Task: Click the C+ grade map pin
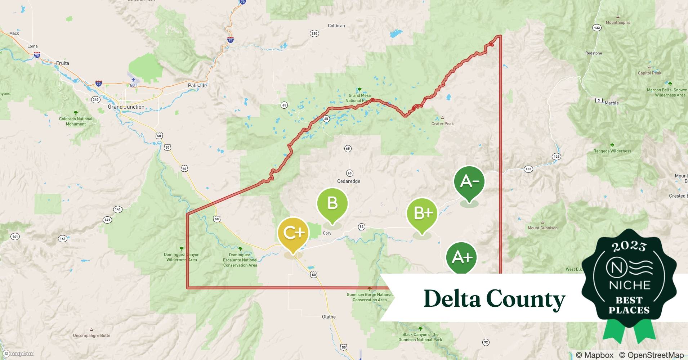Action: point(293,233)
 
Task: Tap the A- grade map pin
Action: point(469,181)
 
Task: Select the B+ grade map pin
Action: point(422,213)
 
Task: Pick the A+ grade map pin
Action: point(461,257)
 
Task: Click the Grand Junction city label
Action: point(126,107)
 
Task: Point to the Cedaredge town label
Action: point(348,181)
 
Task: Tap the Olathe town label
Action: point(329,317)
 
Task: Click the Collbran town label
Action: point(336,26)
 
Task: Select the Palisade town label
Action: point(197,86)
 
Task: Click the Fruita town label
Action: point(62,63)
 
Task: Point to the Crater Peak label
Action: point(442,124)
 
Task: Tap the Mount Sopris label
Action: point(618,22)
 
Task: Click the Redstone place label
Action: point(593,53)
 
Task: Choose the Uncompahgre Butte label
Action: point(91,336)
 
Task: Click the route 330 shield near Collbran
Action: point(314,33)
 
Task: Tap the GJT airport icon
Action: point(133,80)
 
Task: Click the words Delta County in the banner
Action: point(494,299)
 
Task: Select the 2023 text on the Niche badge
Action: point(629,246)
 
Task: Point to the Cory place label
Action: point(327,233)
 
